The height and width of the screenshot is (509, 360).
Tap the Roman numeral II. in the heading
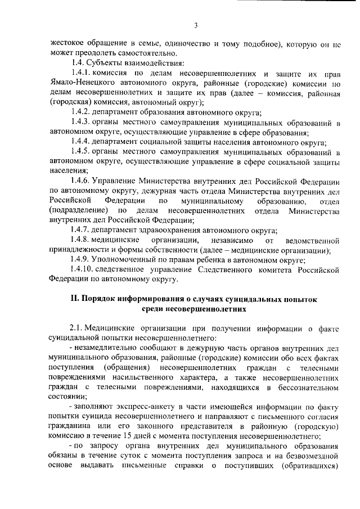click(x=75, y=299)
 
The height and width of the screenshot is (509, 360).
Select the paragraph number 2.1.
click(x=76, y=329)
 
